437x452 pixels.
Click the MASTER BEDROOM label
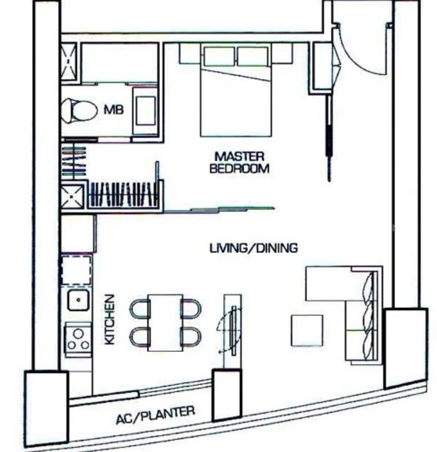tap(239, 162)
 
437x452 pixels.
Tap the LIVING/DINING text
tap(254, 248)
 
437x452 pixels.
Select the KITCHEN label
tap(110, 320)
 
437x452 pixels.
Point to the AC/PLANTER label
tap(156, 415)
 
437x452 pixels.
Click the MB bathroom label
tap(114, 110)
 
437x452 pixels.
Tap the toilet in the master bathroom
tap(79, 110)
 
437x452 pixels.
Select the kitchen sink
tap(78, 300)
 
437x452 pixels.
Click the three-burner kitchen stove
tap(78, 339)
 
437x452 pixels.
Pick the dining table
tap(165, 323)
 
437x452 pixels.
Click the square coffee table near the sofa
tap(307, 330)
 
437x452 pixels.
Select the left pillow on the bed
tap(219, 56)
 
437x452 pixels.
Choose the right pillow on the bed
tap(253, 56)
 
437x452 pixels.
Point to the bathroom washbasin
tap(145, 111)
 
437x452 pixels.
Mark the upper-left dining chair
tap(140, 309)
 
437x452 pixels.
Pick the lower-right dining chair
tap(191, 337)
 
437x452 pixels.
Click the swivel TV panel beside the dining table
tap(233, 331)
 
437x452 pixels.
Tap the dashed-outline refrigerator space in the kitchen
tap(76, 270)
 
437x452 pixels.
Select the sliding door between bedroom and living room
tap(219, 210)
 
